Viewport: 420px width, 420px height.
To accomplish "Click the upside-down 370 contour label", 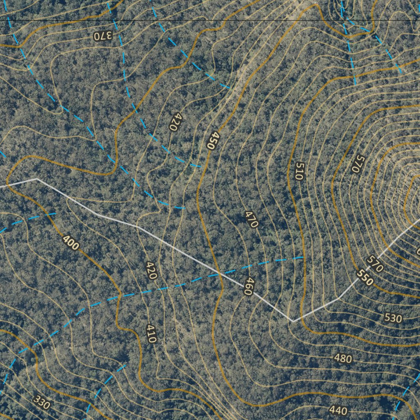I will (x=103, y=36).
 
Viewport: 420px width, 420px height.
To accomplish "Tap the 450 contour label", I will (x=212, y=140).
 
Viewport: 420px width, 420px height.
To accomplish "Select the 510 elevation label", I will (x=299, y=171).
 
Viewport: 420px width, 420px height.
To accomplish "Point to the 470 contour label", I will (x=251, y=219).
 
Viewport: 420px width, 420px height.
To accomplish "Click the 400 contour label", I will (x=71, y=243).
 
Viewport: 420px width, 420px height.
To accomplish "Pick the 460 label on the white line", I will (x=247, y=287).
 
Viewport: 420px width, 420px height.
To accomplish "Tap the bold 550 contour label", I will (x=365, y=278).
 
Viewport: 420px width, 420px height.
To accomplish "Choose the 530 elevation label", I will (x=393, y=318).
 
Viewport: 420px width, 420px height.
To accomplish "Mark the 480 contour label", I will (x=343, y=359).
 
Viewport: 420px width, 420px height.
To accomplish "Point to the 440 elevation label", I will (x=338, y=410).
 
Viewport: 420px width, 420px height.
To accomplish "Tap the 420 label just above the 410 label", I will (x=151, y=270).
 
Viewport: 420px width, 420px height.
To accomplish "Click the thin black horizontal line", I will (x=246, y=20).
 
